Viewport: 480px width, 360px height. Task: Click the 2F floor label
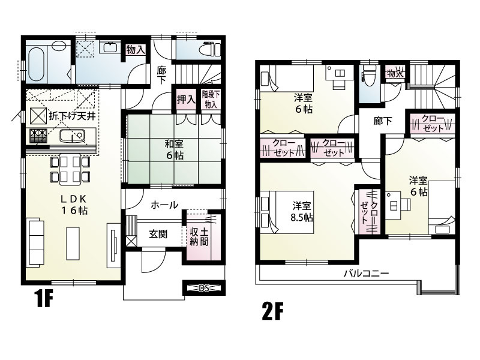(273, 311)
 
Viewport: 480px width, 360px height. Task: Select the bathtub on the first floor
(37, 64)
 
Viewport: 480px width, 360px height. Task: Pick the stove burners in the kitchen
(38, 136)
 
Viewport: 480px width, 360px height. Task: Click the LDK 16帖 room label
(74, 205)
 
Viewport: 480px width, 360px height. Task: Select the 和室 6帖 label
(175, 149)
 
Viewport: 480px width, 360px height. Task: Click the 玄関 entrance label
(158, 235)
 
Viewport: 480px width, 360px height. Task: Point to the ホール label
(164, 205)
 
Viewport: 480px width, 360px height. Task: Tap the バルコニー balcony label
(366, 273)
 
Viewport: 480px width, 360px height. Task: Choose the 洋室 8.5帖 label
(302, 211)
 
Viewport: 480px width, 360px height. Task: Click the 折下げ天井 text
(73, 116)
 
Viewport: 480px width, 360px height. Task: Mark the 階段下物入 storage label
(211, 99)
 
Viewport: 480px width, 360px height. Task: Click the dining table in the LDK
(70, 169)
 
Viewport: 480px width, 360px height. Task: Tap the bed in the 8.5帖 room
(287, 212)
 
